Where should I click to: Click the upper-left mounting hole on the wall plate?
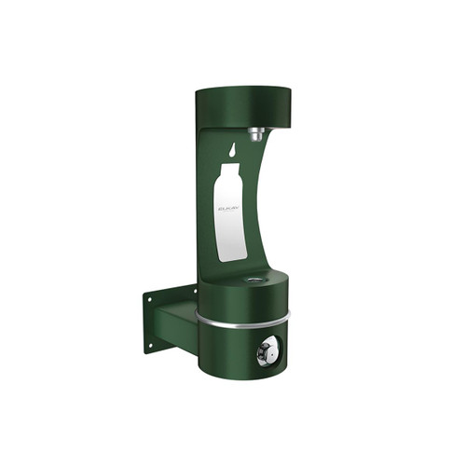pos(149,301)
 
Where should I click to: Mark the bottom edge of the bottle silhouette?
pos(232,258)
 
